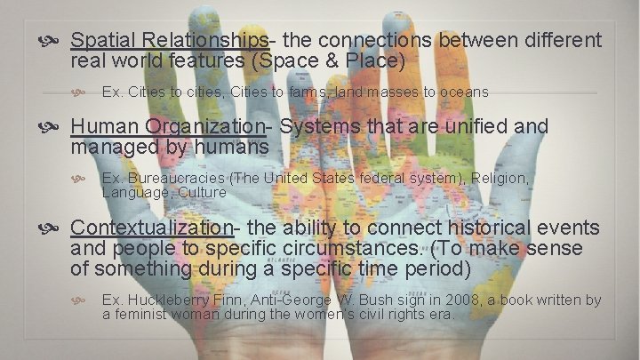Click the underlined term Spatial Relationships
169,41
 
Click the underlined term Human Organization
174,127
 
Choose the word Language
134,191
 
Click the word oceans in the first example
463,92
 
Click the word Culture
202,191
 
